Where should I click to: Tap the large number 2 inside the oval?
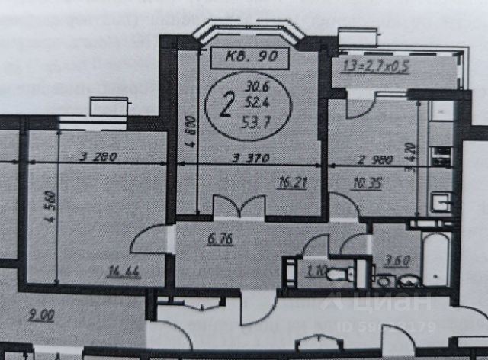(x=226, y=104)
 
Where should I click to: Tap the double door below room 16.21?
(x=239, y=207)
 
